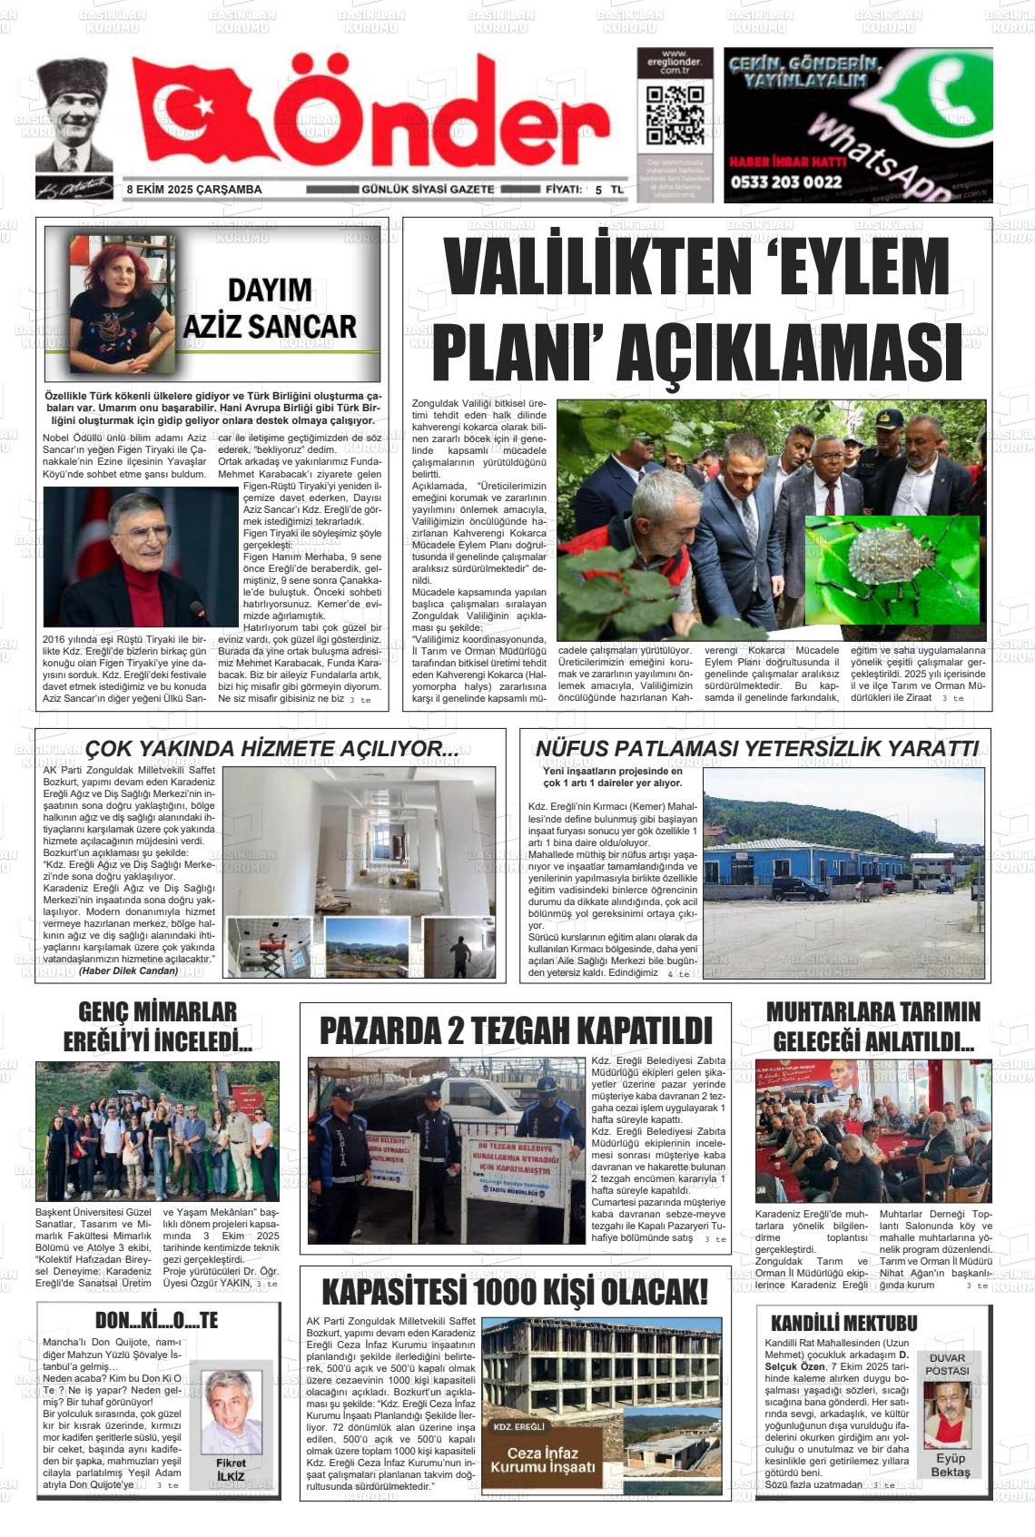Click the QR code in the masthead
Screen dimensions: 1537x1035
pos(675,115)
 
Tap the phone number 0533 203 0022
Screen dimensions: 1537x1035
pos(785,182)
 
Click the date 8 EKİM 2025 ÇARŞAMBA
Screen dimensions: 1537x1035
pos(194,190)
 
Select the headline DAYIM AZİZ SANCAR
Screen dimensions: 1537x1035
pos(270,309)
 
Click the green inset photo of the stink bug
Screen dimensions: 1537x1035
pos(892,569)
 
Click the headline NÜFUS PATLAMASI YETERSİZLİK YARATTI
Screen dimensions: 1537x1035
pos(756,748)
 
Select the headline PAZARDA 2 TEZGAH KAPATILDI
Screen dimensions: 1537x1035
pos(516,1030)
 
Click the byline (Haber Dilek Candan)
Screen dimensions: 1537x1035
pos(128,970)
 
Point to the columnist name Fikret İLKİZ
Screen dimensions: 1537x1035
pos(231,1469)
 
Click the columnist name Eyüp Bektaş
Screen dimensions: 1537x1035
pos(950,1464)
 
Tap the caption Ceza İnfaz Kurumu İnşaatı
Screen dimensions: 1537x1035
pos(543,1460)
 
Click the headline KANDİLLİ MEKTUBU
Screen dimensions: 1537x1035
pos(843,1323)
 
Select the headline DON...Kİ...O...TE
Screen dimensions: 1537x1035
pos(157,1320)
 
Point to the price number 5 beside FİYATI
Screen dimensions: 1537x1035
pos(598,190)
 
